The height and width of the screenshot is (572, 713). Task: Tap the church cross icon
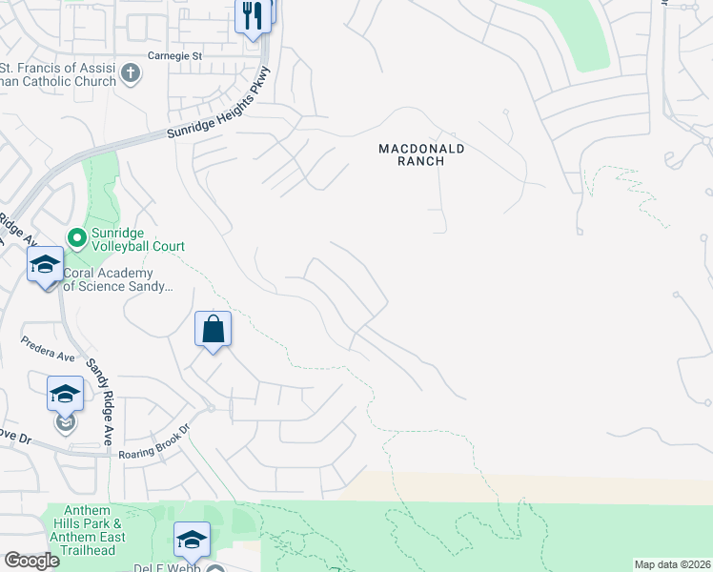click(130, 71)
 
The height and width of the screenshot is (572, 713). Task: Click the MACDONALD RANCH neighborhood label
click(421, 154)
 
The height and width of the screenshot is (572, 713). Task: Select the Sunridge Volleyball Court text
click(137, 239)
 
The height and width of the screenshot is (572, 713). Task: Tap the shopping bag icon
click(214, 330)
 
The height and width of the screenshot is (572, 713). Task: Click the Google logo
click(31, 561)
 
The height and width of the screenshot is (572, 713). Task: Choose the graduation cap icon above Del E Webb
click(192, 540)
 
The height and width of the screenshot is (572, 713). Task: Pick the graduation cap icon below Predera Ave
click(65, 392)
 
